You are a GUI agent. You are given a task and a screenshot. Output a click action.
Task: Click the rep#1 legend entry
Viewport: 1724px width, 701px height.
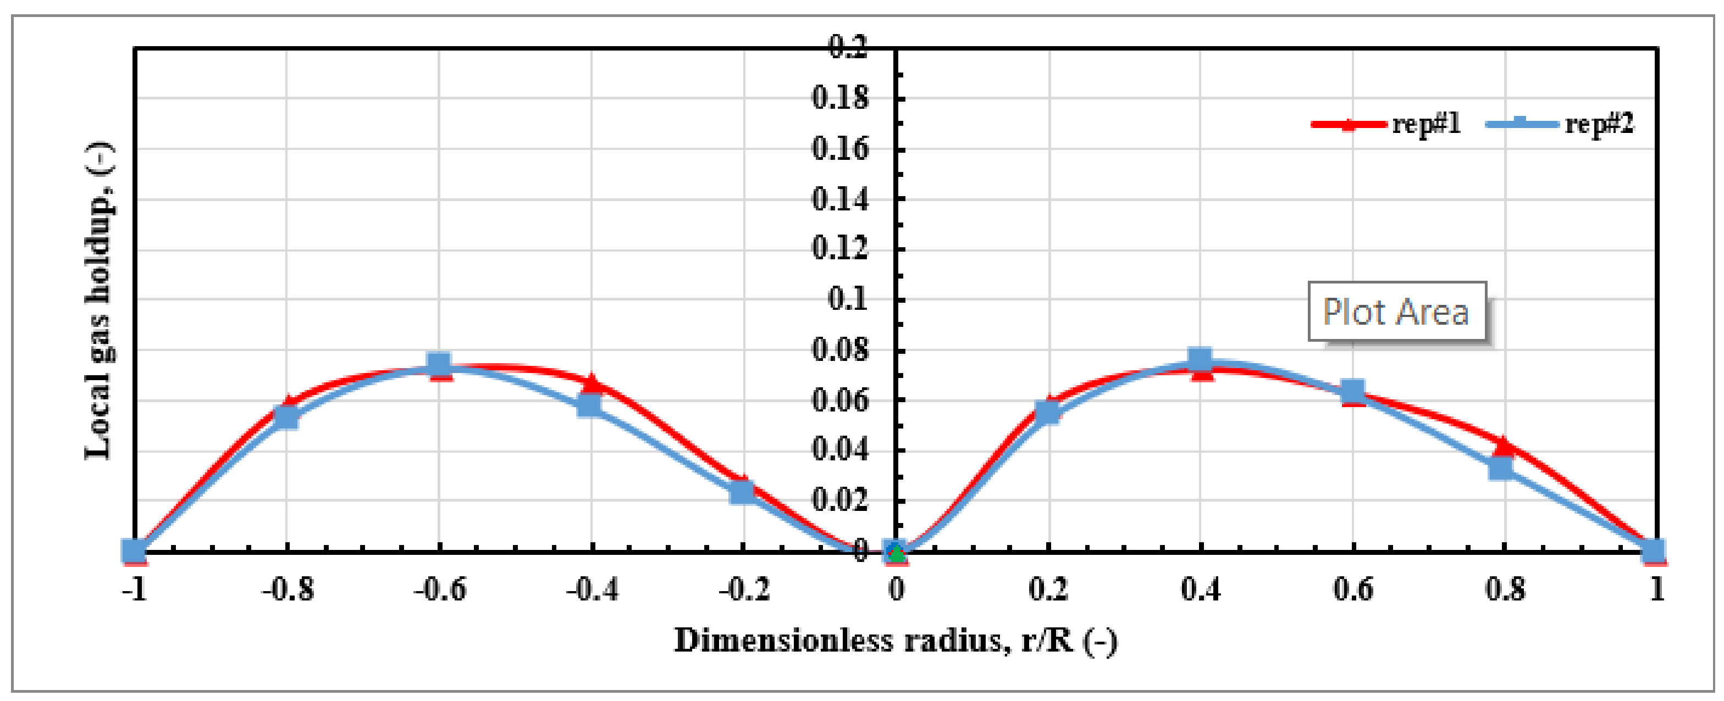click(1385, 124)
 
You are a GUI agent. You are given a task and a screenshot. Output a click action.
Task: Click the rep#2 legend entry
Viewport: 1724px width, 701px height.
click(1560, 124)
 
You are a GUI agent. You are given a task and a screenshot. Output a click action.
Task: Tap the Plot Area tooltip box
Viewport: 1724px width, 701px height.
click(1397, 311)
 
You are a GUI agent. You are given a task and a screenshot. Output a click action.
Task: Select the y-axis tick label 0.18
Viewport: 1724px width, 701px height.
click(840, 98)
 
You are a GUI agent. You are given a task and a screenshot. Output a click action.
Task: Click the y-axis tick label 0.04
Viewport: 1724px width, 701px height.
click(840, 449)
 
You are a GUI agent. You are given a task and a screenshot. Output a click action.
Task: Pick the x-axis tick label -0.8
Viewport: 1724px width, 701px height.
click(287, 590)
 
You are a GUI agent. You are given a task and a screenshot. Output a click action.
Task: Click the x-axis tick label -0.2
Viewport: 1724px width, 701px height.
click(744, 590)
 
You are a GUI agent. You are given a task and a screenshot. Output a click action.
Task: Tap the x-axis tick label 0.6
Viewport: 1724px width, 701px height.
click(1352, 590)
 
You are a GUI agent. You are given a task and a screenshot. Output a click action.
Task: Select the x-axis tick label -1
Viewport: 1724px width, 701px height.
click(135, 590)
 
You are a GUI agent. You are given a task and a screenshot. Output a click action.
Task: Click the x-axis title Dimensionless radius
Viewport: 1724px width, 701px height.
click(895, 641)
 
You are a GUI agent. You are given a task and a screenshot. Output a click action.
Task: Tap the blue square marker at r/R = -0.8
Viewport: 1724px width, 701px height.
click(286, 417)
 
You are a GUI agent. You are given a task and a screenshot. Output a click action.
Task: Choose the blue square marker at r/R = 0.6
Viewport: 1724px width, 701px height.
click(1352, 391)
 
